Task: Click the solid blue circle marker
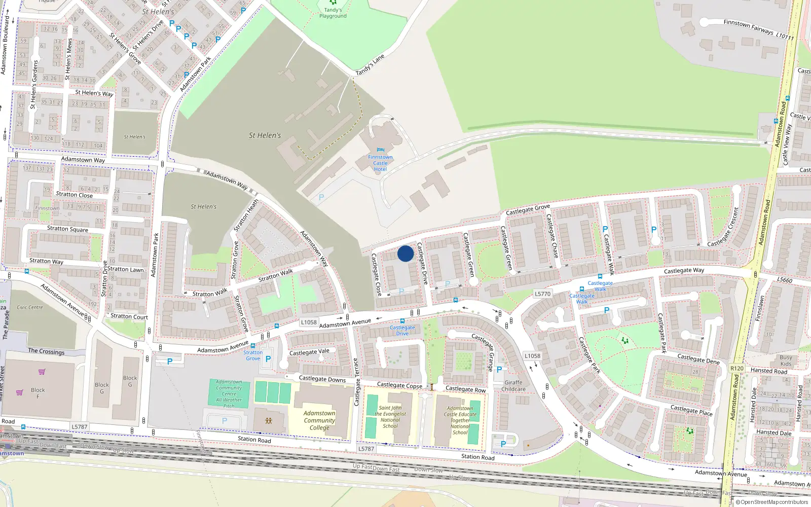pyautogui.click(x=405, y=253)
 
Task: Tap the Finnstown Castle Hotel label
pyautogui.click(x=380, y=163)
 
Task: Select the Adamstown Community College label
pyautogui.click(x=319, y=420)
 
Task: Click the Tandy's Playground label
pyautogui.click(x=333, y=13)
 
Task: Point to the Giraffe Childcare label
pyautogui.click(x=513, y=386)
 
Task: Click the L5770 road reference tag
pyautogui.click(x=542, y=294)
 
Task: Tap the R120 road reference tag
pyautogui.click(x=736, y=369)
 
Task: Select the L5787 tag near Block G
pyautogui.click(x=80, y=427)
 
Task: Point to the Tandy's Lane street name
pyautogui.click(x=370, y=65)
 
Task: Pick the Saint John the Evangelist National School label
pyautogui.click(x=390, y=417)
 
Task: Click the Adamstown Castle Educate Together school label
pyautogui.click(x=460, y=420)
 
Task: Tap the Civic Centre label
pyautogui.click(x=30, y=307)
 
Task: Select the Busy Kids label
pyautogui.click(x=786, y=360)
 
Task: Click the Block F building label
pyautogui.click(x=38, y=393)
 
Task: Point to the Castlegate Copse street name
pyautogui.click(x=399, y=385)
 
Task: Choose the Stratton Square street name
pyautogui.click(x=67, y=229)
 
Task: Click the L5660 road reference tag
pyautogui.click(x=785, y=280)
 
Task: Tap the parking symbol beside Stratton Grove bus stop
pyautogui.click(x=268, y=359)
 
